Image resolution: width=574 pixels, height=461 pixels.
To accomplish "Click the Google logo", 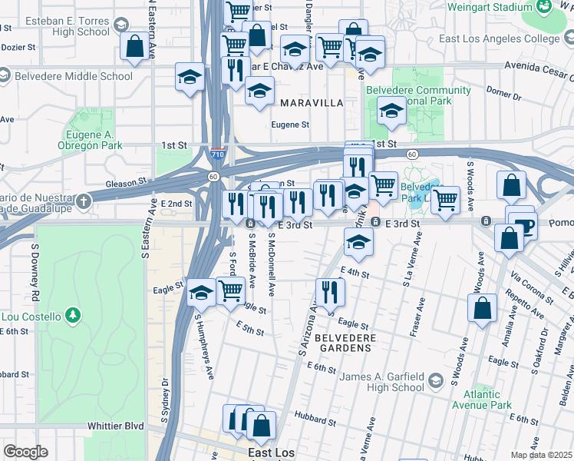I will click(x=25, y=452).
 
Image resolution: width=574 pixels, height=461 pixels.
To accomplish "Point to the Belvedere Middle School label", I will click(x=73, y=76).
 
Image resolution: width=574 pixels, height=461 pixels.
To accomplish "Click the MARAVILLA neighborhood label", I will click(x=311, y=102).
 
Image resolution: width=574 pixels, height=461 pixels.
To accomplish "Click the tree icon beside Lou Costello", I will click(x=72, y=315).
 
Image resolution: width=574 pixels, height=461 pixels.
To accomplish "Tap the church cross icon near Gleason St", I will click(x=82, y=201).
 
